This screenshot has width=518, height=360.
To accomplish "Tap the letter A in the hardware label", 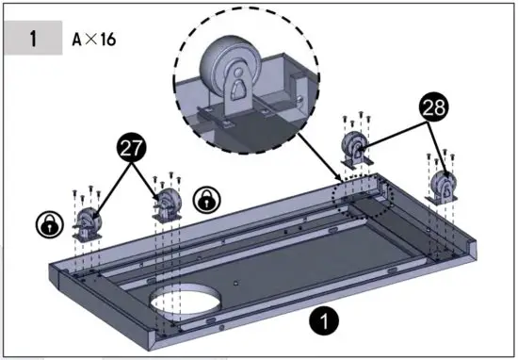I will click(77, 41).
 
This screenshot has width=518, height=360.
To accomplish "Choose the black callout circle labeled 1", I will click(323, 322).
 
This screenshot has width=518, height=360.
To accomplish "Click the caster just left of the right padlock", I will click(167, 204).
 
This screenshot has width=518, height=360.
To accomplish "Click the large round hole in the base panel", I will click(187, 301).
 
